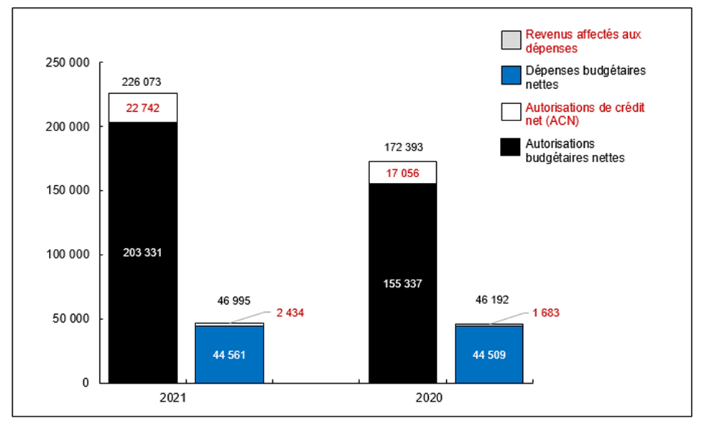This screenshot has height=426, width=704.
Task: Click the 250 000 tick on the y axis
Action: [67, 62]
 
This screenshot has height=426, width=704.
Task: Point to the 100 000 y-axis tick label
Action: [67, 255]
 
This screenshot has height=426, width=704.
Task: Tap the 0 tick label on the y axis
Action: [85, 383]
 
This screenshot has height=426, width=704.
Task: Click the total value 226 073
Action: [142, 82]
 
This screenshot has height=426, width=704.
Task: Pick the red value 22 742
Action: [142, 108]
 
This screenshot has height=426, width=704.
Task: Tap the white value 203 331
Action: [142, 252]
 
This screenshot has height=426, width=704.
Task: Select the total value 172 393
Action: [402, 148]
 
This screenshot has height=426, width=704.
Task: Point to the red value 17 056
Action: [402, 172]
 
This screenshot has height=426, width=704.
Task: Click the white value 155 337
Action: [402, 283]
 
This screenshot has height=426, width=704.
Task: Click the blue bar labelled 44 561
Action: [229, 354]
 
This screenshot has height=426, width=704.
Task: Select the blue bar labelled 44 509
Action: [489, 354]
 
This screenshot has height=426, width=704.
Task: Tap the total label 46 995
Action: [229, 300]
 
